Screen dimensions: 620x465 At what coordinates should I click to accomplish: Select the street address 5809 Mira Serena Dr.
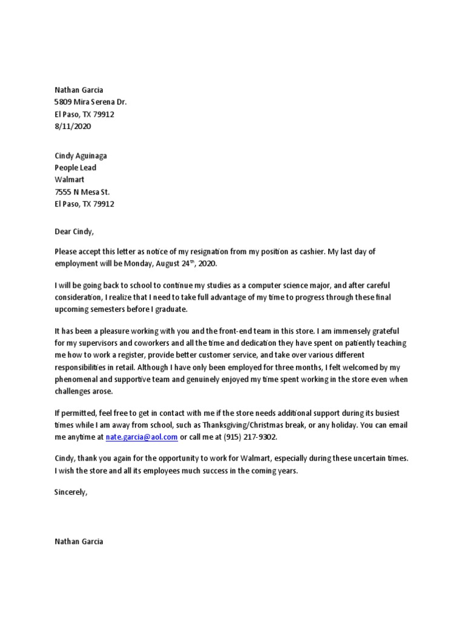click(x=90, y=102)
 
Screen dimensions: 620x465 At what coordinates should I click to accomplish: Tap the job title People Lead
click(x=75, y=168)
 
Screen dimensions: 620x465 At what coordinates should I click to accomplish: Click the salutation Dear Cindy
click(x=74, y=231)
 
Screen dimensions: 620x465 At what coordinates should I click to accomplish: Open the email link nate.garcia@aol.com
click(x=141, y=437)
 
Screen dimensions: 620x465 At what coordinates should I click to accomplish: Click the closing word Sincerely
click(x=71, y=492)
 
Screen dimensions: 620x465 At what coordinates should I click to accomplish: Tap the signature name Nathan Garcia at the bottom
click(x=79, y=541)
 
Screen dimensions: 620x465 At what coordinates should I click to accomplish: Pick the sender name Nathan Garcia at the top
click(x=79, y=90)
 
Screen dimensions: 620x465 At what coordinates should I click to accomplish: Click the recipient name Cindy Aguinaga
click(x=81, y=156)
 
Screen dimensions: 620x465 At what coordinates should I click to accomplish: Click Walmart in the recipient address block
click(x=69, y=180)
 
